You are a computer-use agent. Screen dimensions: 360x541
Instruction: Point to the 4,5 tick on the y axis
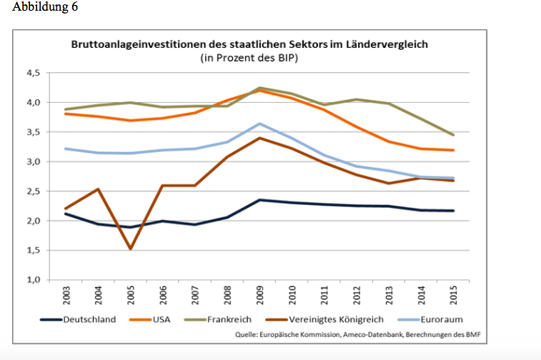click(34, 73)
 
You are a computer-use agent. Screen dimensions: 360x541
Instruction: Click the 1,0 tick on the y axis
click(34, 279)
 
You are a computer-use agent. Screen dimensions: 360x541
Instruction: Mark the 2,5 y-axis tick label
click(34, 191)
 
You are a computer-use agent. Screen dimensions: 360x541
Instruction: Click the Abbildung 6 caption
click(45, 7)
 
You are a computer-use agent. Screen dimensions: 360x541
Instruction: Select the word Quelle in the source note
click(250, 334)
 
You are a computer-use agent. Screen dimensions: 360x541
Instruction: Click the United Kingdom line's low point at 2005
click(131, 249)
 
